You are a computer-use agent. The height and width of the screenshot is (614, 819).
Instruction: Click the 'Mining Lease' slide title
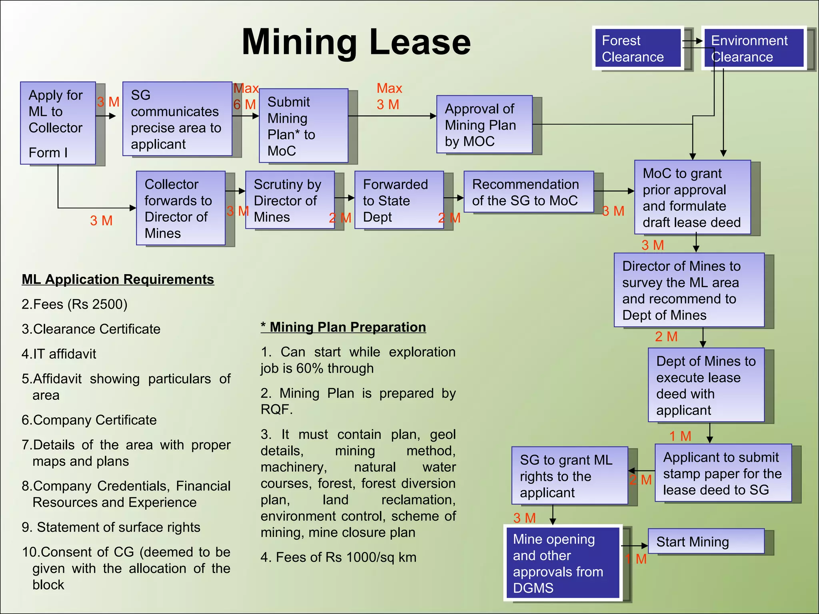(356, 42)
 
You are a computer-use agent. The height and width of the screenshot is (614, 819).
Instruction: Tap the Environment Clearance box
(753, 48)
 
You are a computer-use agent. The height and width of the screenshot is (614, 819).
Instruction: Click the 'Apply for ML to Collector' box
(58, 123)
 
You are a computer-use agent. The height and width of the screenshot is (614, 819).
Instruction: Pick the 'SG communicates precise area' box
(177, 119)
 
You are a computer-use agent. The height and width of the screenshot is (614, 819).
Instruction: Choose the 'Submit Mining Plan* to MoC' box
(304, 126)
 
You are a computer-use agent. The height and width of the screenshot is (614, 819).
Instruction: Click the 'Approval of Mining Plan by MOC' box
(484, 124)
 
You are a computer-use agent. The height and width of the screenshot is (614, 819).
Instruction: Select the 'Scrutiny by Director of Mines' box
(290, 200)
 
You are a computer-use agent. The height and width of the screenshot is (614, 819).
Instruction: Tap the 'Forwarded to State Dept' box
(399, 200)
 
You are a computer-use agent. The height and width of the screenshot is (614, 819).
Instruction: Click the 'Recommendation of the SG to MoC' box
(528, 192)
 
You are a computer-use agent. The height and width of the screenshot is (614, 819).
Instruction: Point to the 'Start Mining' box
(706, 542)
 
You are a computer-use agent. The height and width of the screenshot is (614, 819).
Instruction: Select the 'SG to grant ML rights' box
(569, 476)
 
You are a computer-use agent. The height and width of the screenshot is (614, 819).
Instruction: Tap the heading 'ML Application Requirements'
(118, 279)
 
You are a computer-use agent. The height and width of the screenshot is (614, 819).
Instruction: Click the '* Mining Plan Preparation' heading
(344, 327)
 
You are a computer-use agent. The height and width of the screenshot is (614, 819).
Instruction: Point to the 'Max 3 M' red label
(389, 96)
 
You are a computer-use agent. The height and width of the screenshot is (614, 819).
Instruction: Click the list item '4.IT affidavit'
(59, 354)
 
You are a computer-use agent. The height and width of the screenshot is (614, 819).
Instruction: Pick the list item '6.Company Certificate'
(89, 420)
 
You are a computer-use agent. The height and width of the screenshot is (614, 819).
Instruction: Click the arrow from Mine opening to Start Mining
(634, 546)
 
